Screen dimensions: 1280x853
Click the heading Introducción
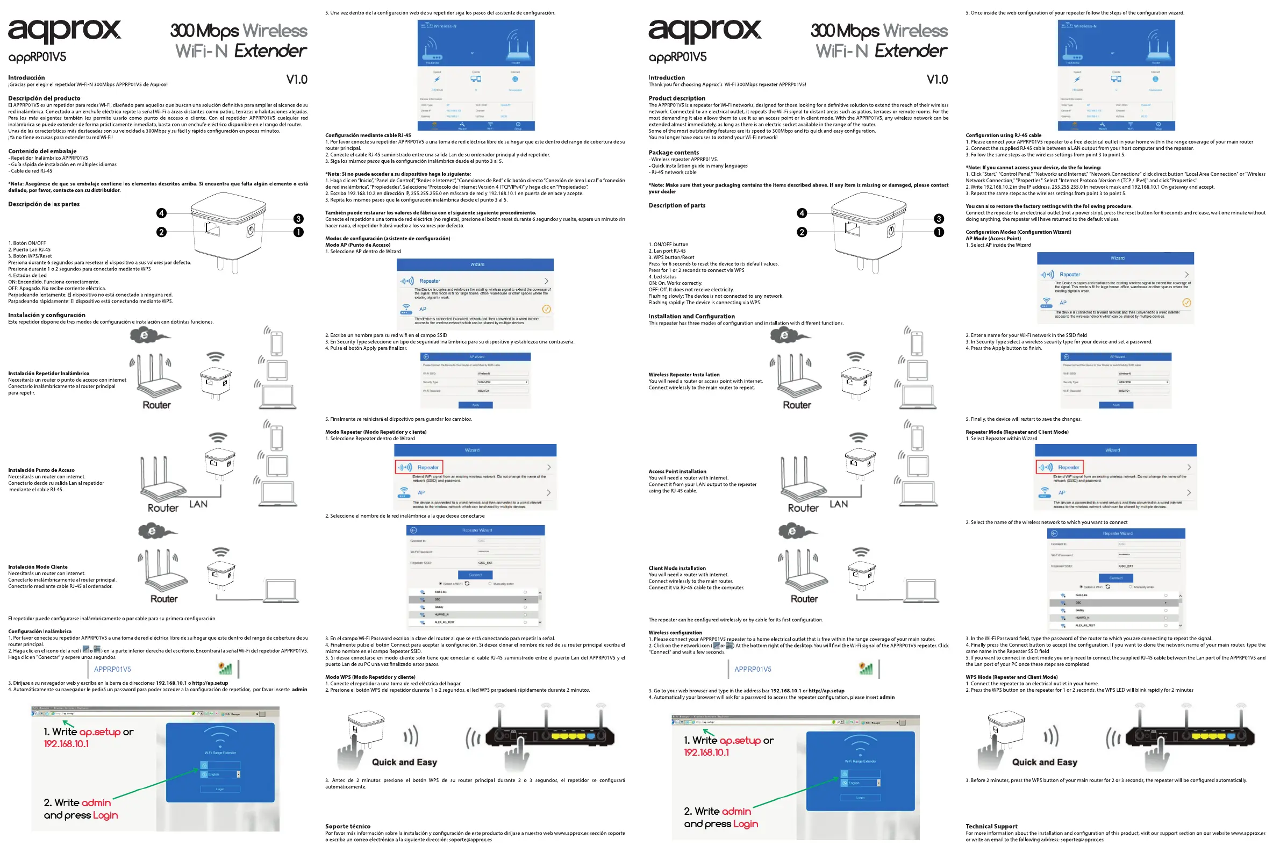click(x=26, y=78)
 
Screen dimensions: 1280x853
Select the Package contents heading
click(x=673, y=152)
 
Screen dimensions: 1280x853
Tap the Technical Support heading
click(x=991, y=826)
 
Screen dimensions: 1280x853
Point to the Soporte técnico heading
click(x=347, y=826)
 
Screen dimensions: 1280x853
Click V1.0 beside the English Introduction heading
click(x=936, y=80)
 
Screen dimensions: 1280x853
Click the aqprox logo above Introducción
click(x=64, y=31)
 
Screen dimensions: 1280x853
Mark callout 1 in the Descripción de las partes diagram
click(x=298, y=232)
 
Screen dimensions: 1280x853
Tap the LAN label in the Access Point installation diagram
click(x=838, y=504)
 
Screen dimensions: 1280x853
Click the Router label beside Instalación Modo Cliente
click(x=164, y=598)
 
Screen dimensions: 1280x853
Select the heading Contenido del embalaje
click(x=42, y=151)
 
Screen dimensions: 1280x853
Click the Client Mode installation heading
click(x=677, y=568)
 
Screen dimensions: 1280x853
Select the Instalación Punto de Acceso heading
click(x=41, y=470)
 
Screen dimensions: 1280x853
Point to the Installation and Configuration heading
click(x=691, y=316)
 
